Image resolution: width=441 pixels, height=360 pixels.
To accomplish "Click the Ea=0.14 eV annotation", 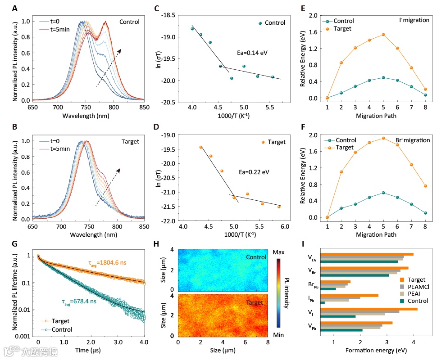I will tap(252, 53).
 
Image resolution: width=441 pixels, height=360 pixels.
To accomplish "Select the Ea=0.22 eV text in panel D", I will tap(254, 171).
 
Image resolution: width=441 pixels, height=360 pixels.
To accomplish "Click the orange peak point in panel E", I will tap(383, 34).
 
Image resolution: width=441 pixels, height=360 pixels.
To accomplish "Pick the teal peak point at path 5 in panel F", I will tap(383, 193).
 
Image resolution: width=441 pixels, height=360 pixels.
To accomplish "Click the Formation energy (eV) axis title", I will tap(373, 350).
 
